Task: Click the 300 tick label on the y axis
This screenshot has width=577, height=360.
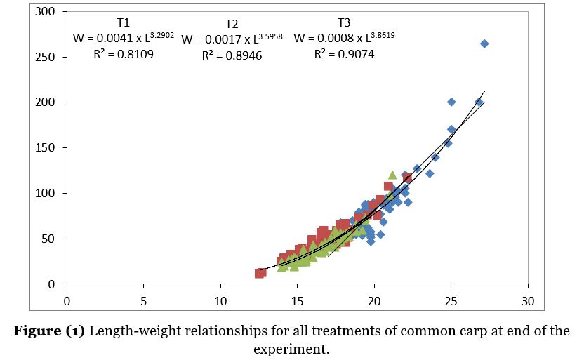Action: (x=46, y=12)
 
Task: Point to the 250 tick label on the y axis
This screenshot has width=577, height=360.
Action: (x=46, y=57)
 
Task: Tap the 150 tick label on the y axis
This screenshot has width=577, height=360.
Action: (x=46, y=148)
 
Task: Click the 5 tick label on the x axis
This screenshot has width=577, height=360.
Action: (x=143, y=301)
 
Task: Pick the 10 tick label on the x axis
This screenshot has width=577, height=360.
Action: (x=220, y=301)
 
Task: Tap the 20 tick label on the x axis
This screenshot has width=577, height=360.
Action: (x=374, y=301)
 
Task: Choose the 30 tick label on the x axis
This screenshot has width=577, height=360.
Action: (x=528, y=301)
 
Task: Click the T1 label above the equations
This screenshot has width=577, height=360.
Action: (x=123, y=22)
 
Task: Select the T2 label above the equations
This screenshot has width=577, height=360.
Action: (x=232, y=25)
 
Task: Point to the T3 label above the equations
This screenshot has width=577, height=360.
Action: (x=344, y=22)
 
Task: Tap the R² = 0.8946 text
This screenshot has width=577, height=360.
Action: (x=232, y=55)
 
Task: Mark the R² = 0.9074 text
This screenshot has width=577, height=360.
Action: (x=344, y=53)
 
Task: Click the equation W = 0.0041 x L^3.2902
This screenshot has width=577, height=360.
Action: (x=123, y=37)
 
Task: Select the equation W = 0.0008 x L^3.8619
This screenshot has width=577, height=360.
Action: (x=344, y=37)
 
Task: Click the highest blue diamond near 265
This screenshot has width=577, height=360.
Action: (x=484, y=44)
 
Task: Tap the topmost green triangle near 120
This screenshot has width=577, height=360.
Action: (x=392, y=175)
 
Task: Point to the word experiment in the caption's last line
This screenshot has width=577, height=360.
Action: (x=289, y=348)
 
